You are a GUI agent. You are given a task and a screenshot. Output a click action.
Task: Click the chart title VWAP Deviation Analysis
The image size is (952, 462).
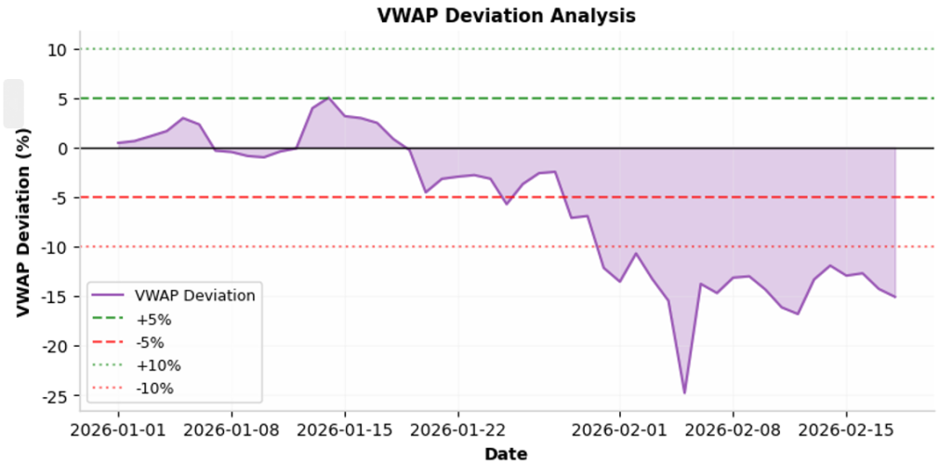click(506, 15)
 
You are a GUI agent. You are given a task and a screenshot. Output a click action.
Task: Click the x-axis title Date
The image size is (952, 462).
click(506, 454)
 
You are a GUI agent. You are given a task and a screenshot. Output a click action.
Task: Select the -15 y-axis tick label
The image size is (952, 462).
click(53, 297)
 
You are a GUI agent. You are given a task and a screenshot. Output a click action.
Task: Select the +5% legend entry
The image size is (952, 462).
click(153, 319)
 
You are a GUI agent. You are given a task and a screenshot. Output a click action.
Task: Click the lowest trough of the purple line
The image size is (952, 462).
click(684, 393)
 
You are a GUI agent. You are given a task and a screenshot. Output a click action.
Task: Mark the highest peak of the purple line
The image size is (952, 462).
click(328, 98)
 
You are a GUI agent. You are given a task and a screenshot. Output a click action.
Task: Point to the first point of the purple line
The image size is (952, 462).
click(118, 143)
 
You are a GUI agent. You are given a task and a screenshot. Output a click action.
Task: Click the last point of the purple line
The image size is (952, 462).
click(894, 297)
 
